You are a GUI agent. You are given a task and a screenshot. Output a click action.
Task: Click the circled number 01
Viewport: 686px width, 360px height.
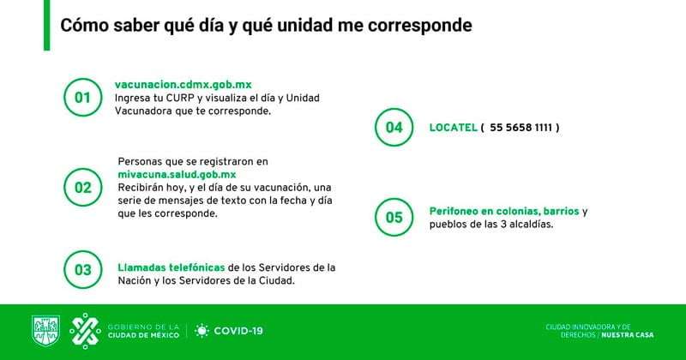pos(82,98)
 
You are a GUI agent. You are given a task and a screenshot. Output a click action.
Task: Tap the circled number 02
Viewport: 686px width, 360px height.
pos(82,187)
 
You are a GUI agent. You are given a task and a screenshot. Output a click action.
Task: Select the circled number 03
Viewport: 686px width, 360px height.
pos(82,270)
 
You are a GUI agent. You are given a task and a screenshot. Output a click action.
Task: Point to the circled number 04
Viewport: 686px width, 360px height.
pos(394,128)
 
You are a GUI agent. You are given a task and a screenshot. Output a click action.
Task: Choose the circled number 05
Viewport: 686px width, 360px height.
pos(394,217)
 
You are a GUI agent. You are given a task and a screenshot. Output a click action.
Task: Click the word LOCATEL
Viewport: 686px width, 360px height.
pos(451,128)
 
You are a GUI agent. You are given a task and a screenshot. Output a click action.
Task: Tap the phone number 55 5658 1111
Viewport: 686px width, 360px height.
pos(521,128)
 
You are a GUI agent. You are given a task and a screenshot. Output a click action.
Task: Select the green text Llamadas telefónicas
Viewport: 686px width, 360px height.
pos(171,267)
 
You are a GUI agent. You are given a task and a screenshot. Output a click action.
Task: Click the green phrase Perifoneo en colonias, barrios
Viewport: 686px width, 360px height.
pos(504,211)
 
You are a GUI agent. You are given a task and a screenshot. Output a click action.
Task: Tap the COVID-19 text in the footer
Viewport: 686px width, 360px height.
pos(238,331)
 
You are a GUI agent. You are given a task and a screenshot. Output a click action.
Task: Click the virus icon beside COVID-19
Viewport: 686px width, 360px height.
pos(202,331)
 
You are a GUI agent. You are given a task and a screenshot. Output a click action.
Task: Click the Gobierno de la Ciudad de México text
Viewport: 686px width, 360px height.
pos(142,331)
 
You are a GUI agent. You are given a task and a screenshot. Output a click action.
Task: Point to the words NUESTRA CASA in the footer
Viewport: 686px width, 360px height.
pos(630,334)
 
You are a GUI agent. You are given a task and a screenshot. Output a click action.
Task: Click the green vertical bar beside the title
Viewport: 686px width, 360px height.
pos(46,25)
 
